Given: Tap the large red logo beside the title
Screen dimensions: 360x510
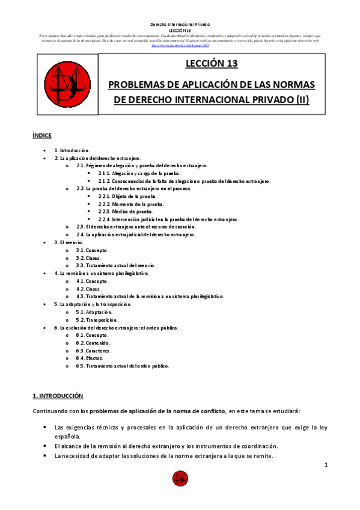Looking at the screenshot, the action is click(x=63, y=82).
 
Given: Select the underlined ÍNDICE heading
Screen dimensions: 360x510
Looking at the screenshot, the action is click(x=42, y=136).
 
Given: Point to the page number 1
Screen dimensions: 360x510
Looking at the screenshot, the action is click(x=325, y=465).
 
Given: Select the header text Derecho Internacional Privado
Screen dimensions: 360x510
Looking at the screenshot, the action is click(x=180, y=24).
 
